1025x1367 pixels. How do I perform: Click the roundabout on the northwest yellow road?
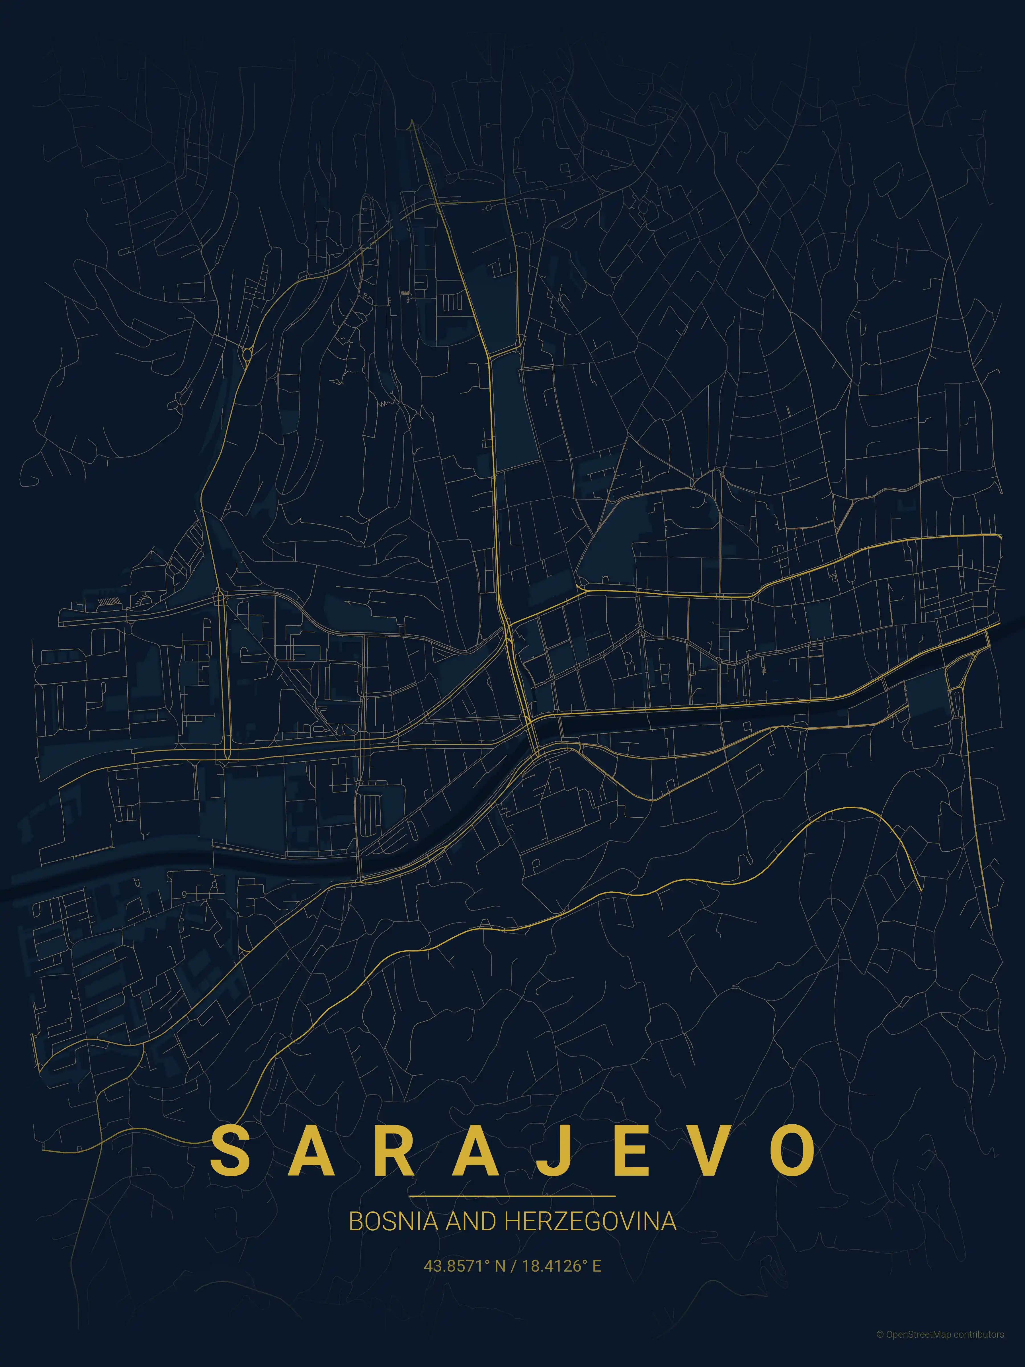248,354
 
